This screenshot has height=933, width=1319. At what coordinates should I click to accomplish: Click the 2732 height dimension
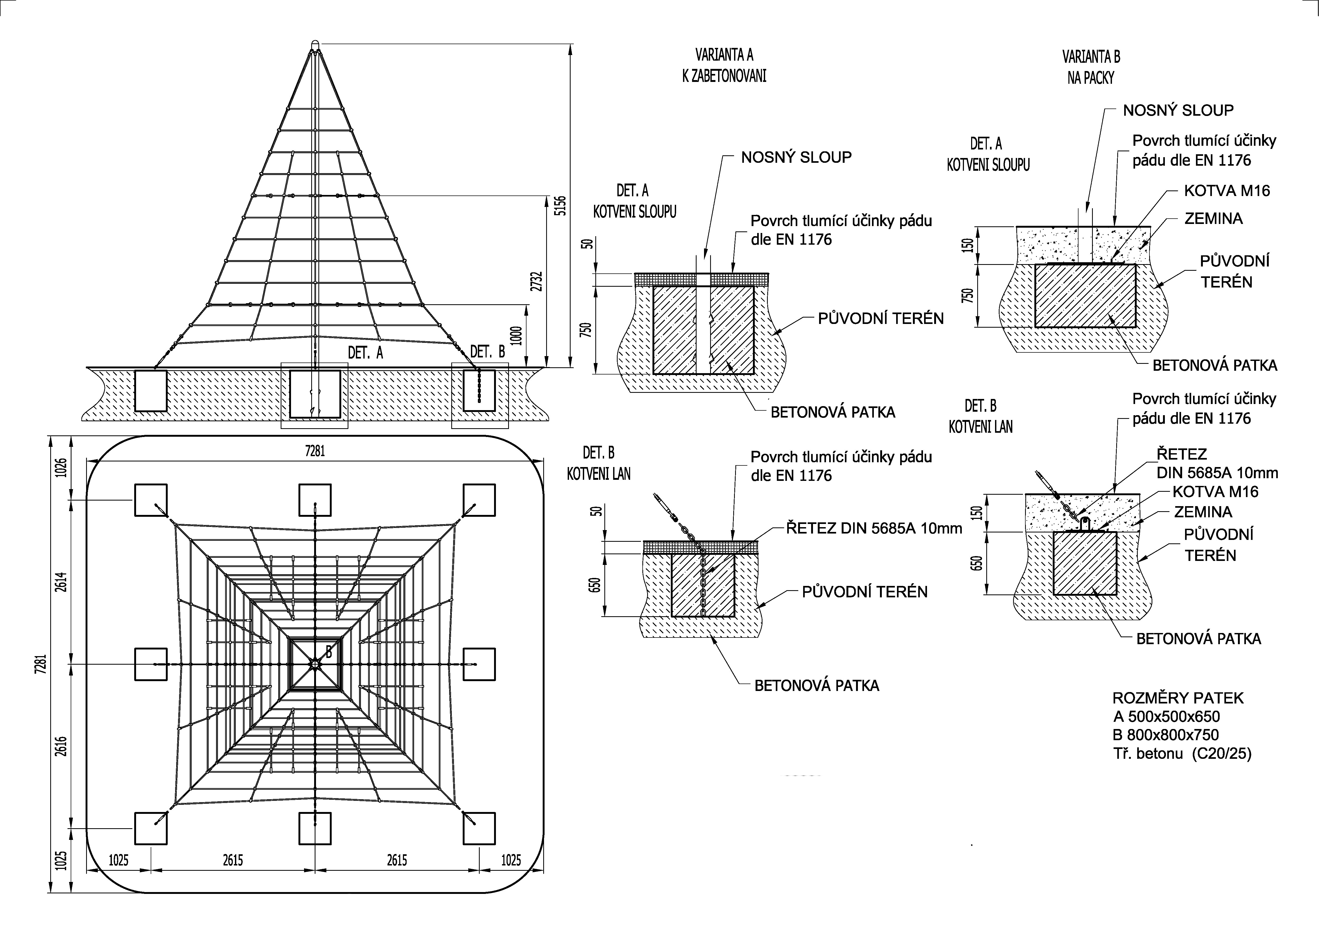click(537, 281)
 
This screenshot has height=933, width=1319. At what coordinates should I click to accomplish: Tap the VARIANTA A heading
click(724, 55)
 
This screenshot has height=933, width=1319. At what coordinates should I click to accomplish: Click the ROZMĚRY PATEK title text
click(1178, 698)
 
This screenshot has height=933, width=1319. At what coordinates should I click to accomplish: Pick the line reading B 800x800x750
click(1166, 735)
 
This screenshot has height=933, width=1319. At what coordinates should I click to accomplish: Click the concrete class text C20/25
click(1222, 753)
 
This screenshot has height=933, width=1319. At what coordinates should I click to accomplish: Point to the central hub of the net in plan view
click(315, 664)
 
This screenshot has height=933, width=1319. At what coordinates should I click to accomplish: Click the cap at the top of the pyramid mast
click(315, 45)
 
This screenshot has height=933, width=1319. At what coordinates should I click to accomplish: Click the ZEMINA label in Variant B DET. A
click(1213, 218)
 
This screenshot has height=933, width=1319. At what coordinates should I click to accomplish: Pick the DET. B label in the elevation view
click(487, 352)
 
